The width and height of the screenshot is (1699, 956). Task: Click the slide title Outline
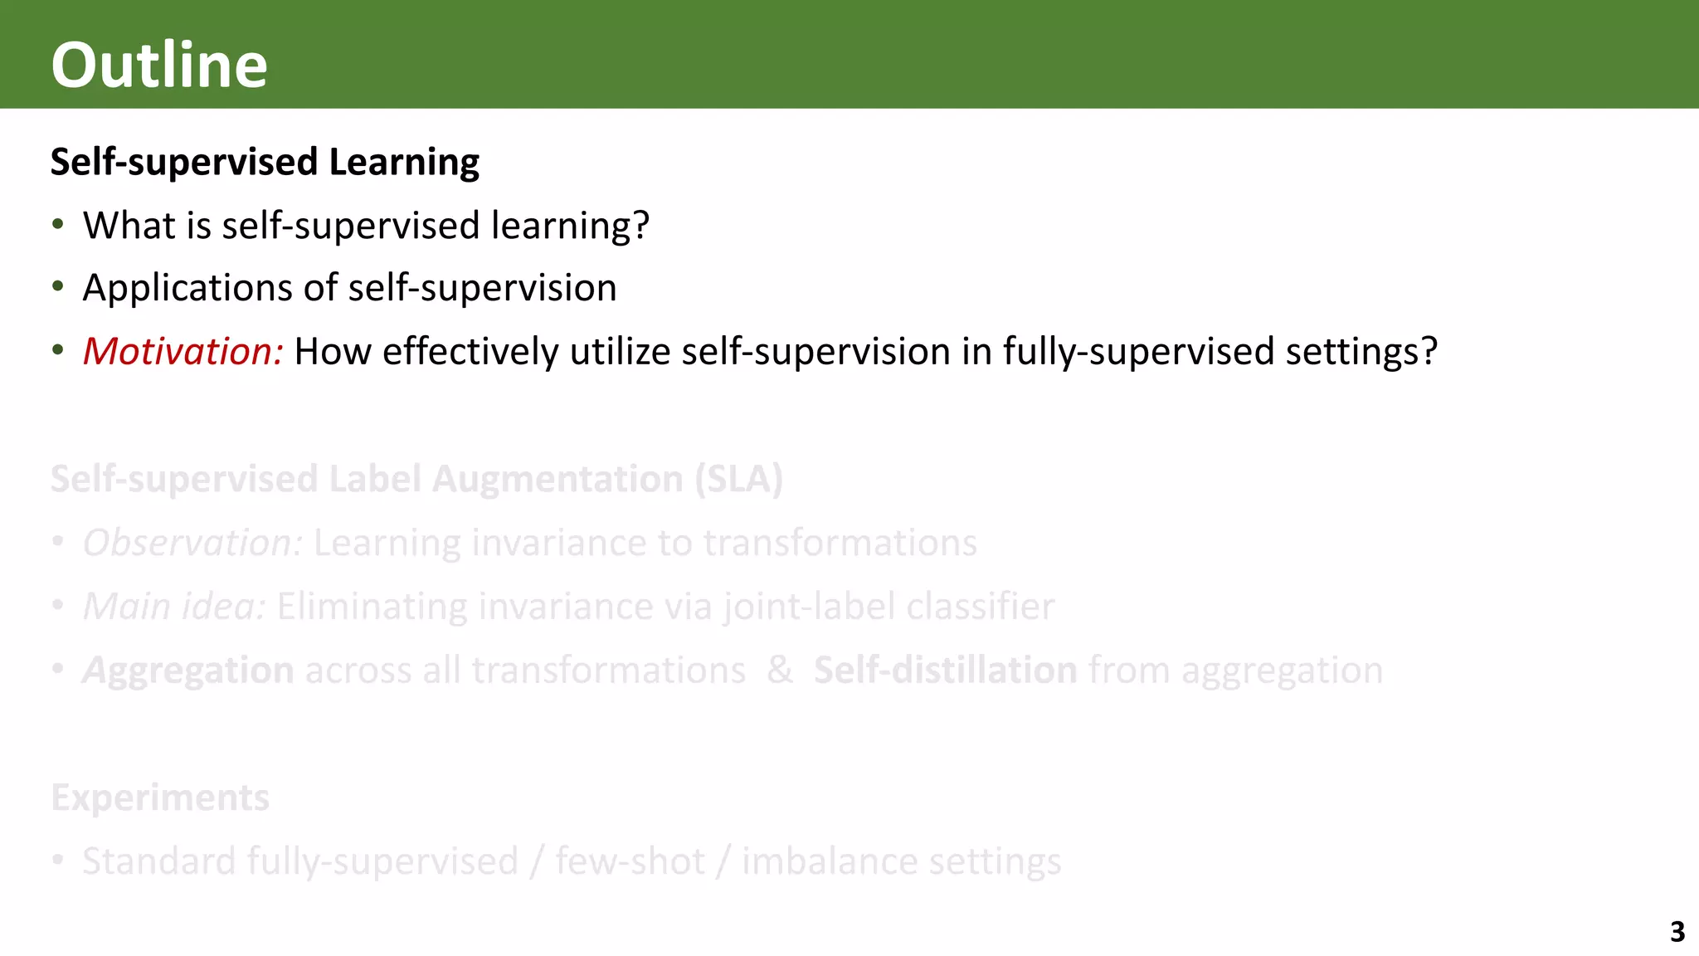tap(159, 65)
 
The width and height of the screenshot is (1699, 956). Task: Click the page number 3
tap(1677, 932)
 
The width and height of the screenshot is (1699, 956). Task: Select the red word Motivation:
tap(183, 351)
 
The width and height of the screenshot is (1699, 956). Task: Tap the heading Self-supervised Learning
tap(265, 161)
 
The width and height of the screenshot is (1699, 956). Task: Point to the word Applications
tap(187, 289)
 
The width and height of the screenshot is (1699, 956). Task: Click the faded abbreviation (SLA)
tap(738, 479)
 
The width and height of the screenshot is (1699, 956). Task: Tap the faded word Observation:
tap(192, 543)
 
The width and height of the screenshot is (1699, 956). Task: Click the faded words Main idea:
tap(174, 606)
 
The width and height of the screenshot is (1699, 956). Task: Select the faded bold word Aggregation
tap(188, 671)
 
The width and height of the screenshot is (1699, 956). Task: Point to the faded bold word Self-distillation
tap(945, 670)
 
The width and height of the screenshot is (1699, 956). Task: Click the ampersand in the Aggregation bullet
tap(779, 670)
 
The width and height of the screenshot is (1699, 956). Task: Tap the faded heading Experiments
tap(160, 797)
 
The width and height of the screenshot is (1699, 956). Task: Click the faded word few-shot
tap(630, 861)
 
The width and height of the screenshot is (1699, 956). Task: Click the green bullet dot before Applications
tap(57, 287)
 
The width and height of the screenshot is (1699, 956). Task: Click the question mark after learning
tap(640, 225)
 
